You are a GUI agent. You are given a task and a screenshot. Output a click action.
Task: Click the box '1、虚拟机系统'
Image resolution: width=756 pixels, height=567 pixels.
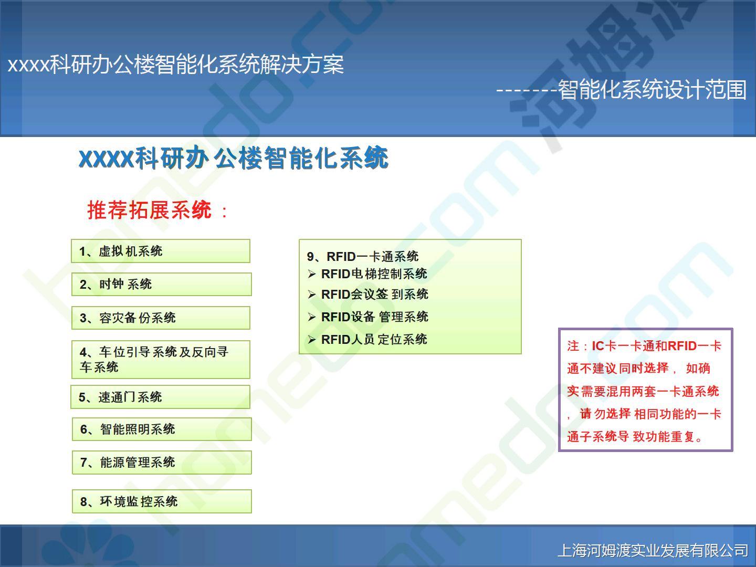tap(161, 251)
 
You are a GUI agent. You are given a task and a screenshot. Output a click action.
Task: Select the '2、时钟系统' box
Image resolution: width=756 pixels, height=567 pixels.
tap(162, 285)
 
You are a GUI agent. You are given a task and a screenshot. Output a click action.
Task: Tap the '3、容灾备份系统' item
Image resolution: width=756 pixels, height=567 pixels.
tap(161, 318)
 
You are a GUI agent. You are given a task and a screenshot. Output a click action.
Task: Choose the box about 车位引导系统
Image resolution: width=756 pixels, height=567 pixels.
tap(161, 360)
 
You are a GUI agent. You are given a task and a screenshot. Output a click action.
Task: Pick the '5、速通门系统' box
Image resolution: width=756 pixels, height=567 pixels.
tap(161, 397)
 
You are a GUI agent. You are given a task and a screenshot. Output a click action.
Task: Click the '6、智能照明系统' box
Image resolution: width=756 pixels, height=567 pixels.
tap(162, 429)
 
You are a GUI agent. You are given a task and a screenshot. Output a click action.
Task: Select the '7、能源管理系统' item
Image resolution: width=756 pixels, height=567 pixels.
tap(162, 463)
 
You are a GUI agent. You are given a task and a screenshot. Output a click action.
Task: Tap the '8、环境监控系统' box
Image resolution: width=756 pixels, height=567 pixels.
tap(162, 501)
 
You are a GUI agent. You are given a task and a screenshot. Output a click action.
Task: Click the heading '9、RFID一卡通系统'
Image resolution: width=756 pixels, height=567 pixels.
tap(363, 257)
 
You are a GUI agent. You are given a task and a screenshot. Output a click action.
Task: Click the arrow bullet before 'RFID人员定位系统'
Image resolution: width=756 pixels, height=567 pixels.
tap(312, 340)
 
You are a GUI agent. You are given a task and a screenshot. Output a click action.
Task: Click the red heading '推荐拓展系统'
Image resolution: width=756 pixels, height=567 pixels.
tap(149, 210)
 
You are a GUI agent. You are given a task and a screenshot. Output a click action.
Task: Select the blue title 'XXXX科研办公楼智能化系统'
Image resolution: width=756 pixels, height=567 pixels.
tap(234, 158)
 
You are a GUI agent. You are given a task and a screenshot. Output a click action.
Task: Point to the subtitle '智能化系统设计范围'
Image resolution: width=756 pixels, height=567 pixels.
tap(653, 89)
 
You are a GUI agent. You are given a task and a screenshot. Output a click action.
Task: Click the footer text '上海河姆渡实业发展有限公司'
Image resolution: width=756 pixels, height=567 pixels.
tap(653, 550)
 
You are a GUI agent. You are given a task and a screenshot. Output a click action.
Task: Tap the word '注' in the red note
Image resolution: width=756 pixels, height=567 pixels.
tap(573, 346)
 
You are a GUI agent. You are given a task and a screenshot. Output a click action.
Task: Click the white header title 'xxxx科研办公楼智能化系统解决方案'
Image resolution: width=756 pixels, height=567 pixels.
tap(176, 64)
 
